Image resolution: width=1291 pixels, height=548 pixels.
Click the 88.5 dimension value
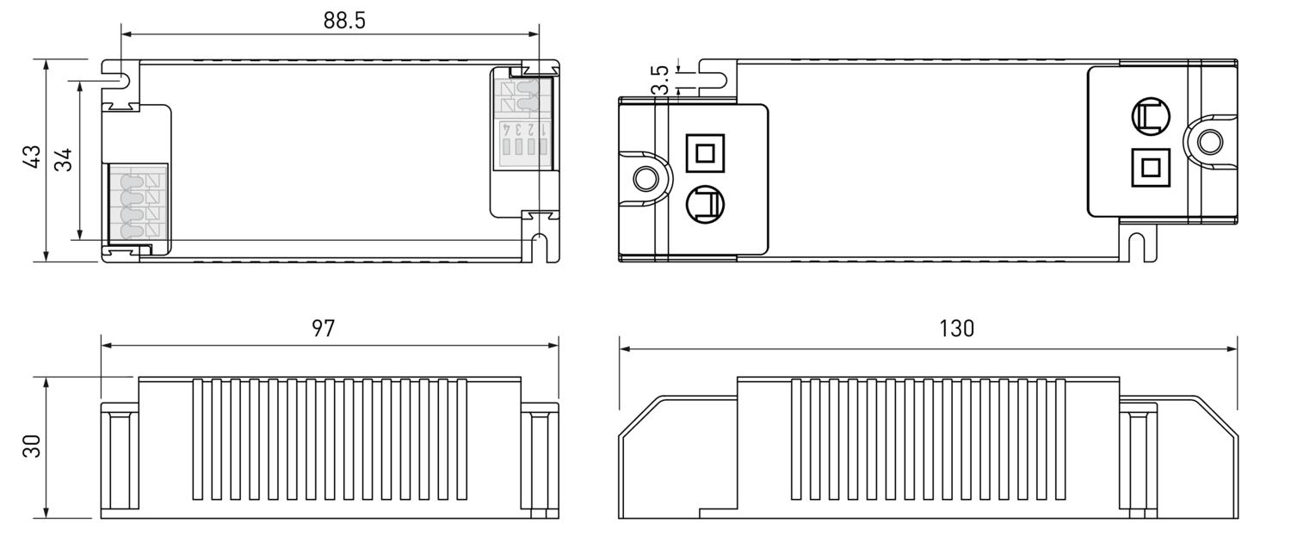pos(344,20)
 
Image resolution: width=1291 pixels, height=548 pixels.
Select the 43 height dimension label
pos(31,157)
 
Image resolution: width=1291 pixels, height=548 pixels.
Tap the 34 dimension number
pos(64,160)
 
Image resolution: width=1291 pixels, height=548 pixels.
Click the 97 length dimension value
pos(323,329)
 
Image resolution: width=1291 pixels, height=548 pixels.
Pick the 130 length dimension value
pos(956,329)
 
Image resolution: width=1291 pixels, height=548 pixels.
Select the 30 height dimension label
pos(32,446)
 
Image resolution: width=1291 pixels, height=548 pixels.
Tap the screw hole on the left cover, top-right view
pos(645,179)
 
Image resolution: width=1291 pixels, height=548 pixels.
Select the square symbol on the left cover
pos(705,154)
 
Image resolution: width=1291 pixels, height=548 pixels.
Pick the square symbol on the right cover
pos(1149,167)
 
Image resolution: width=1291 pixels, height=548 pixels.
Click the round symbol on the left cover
pos(705,205)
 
